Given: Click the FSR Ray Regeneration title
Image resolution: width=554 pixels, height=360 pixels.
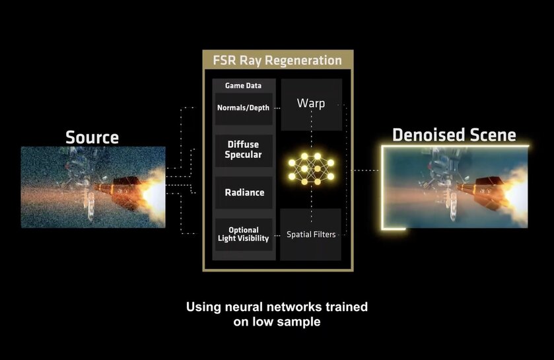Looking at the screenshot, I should point(278,61).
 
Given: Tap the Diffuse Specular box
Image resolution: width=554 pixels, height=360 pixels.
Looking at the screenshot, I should point(243,150).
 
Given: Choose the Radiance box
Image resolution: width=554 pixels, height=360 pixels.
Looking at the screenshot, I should point(243,192).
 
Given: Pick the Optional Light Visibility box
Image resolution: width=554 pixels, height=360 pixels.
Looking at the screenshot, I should point(243,234).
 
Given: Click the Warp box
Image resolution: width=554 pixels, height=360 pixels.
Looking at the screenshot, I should point(311,104).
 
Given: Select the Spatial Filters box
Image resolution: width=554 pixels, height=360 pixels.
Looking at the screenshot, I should point(311,234).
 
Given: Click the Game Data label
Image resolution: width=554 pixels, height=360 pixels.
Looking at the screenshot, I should point(243,86).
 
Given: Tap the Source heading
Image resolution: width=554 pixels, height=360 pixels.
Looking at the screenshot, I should point(92,137).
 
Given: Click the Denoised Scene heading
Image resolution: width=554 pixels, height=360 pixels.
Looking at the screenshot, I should point(454,135).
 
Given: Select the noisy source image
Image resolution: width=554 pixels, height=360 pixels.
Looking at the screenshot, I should point(92,188).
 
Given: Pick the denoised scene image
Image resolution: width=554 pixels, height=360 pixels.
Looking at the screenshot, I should point(456,188).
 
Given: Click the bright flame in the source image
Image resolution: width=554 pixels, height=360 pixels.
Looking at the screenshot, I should point(154,191).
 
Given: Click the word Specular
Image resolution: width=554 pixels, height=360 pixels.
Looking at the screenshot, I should point(243,155).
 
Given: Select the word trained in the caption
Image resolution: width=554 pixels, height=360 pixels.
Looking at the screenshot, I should point(345,307).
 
